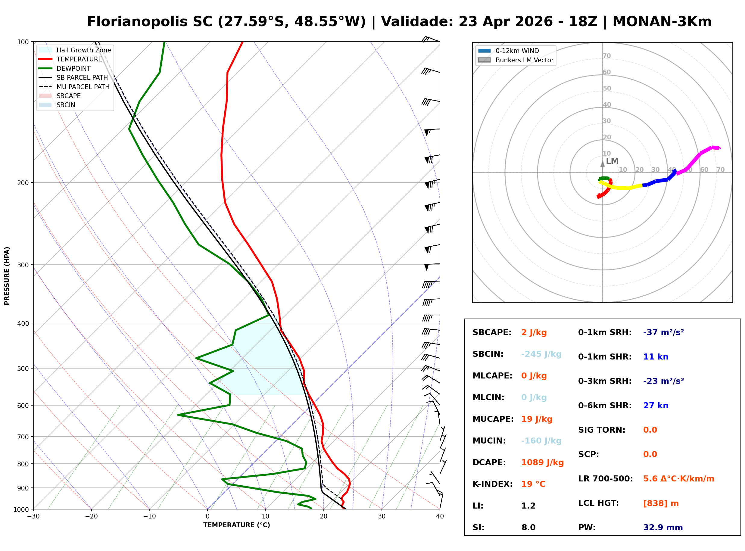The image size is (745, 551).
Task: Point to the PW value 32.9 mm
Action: (x=662, y=528)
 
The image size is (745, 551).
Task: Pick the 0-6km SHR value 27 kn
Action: (x=656, y=406)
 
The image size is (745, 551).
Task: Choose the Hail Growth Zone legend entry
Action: (x=83, y=50)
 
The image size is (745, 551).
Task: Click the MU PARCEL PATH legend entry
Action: (x=83, y=87)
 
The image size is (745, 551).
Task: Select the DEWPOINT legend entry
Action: (x=73, y=68)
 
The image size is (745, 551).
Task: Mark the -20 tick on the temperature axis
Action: (x=91, y=517)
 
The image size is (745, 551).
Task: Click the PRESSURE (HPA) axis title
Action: (x=7, y=276)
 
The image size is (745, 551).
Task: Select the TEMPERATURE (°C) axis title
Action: (x=236, y=525)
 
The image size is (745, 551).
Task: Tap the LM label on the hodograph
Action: (x=612, y=161)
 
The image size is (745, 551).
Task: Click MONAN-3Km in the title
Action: (x=662, y=22)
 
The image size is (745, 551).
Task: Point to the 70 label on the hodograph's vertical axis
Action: (x=606, y=56)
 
